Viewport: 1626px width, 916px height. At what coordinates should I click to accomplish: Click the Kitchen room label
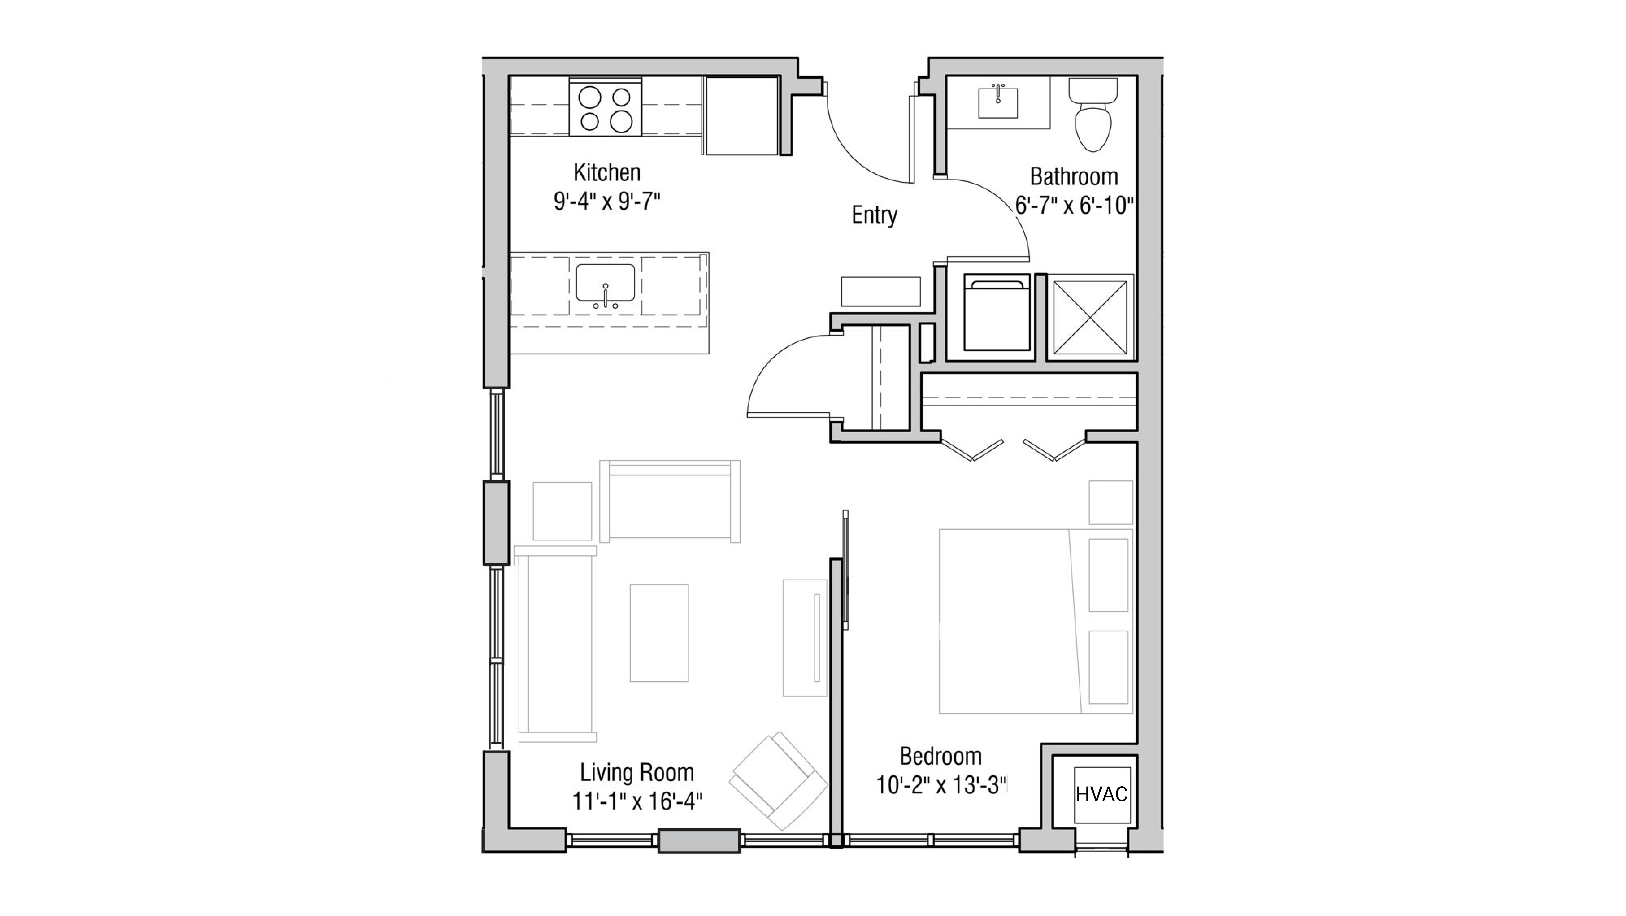pos(607,172)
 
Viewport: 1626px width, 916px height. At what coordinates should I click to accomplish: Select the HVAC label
pos(1101,794)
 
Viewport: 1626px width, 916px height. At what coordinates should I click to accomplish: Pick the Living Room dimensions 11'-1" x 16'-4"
pos(637,802)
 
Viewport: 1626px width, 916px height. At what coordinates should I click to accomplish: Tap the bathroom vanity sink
pos(998,103)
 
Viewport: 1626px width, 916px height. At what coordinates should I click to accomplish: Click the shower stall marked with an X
pos(1090,317)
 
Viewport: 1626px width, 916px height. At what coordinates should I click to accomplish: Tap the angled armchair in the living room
pos(778,781)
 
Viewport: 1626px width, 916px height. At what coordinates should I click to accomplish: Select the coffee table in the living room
pos(659,633)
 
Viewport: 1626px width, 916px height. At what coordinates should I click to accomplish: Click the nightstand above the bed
pos(1110,503)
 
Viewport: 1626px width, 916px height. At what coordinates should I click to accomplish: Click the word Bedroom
pos(941,756)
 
